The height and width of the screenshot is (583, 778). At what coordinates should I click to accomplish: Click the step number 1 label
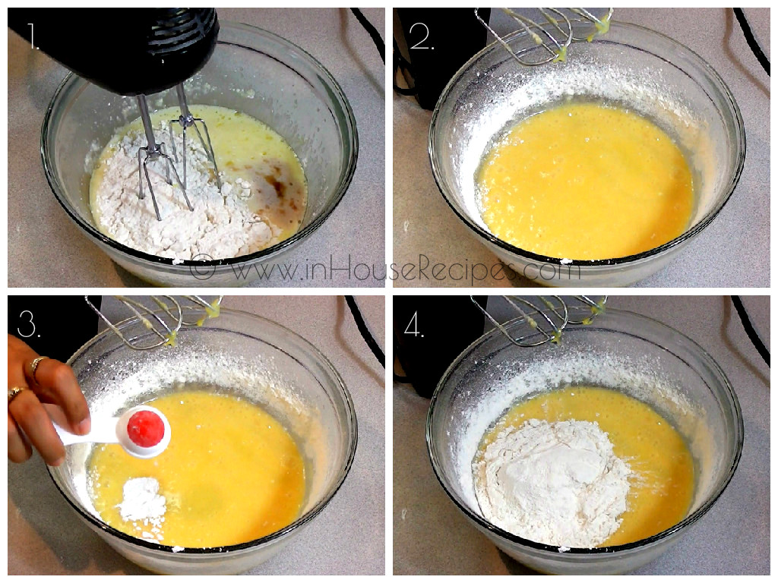(x=33, y=36)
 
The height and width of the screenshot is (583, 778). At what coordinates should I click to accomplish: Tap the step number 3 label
(x=28, y=323)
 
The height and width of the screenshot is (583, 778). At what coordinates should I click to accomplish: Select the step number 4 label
(x=414, y=323)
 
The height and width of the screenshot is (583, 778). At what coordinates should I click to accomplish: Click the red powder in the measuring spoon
(x=145, y=429)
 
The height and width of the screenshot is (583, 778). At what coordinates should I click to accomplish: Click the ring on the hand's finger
(x=36, y=366)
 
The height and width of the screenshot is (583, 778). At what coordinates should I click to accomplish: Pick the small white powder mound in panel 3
(x=144, y=501)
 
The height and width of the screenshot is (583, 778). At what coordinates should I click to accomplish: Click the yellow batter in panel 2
(x=585, y=182)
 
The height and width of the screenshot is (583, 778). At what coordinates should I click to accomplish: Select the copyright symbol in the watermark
(x=202, y=268)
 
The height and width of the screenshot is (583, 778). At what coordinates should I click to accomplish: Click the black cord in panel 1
(x=368, y=30)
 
